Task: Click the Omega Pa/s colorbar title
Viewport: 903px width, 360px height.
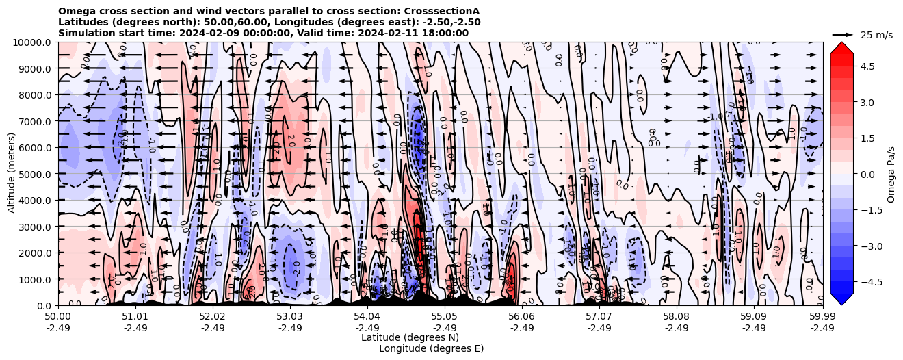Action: pyautogui.click(x=891, y=174)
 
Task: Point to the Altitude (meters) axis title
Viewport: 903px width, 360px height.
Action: pyautogui.click(x=12, y=174)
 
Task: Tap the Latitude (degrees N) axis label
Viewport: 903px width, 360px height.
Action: pyautogui.click(x=410, y=337)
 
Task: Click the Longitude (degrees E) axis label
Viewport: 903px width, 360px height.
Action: pyautogui.click(x=431, y=348)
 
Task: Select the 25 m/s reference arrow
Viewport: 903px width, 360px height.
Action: pyautogui.click(x=843, y=34)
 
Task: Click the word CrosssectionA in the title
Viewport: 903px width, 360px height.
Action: pyautogui.click(x=443, y=11)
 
